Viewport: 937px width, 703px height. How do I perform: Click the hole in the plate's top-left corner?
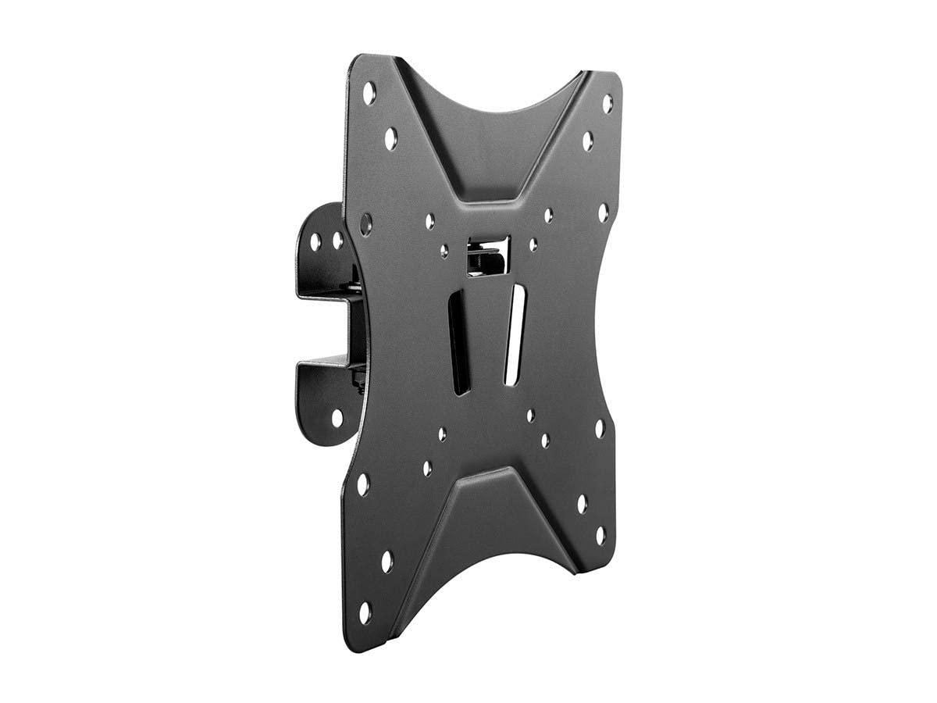(x=369, y=93)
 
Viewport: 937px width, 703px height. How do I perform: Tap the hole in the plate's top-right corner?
(x=607, y=103)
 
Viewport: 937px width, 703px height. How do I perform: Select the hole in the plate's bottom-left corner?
(x=365, y=612)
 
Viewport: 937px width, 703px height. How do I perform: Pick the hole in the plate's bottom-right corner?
(x=600, y=536)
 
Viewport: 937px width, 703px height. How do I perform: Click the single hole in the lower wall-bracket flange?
(x=337, y=418)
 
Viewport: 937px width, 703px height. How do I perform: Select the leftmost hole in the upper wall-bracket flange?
(x=316, y=242)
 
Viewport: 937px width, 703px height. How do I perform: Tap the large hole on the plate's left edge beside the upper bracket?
(x=365, y=224)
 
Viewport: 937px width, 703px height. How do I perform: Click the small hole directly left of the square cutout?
(x=444, y=251)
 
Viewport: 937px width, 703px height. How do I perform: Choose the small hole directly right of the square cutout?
(x=533, y=245)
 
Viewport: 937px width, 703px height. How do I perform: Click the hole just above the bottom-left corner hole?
(x=387, y=562)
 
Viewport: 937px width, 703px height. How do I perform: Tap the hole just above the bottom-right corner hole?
(x=582, y=504)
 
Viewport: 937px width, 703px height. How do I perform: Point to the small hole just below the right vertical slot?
(x=530, y=416)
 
